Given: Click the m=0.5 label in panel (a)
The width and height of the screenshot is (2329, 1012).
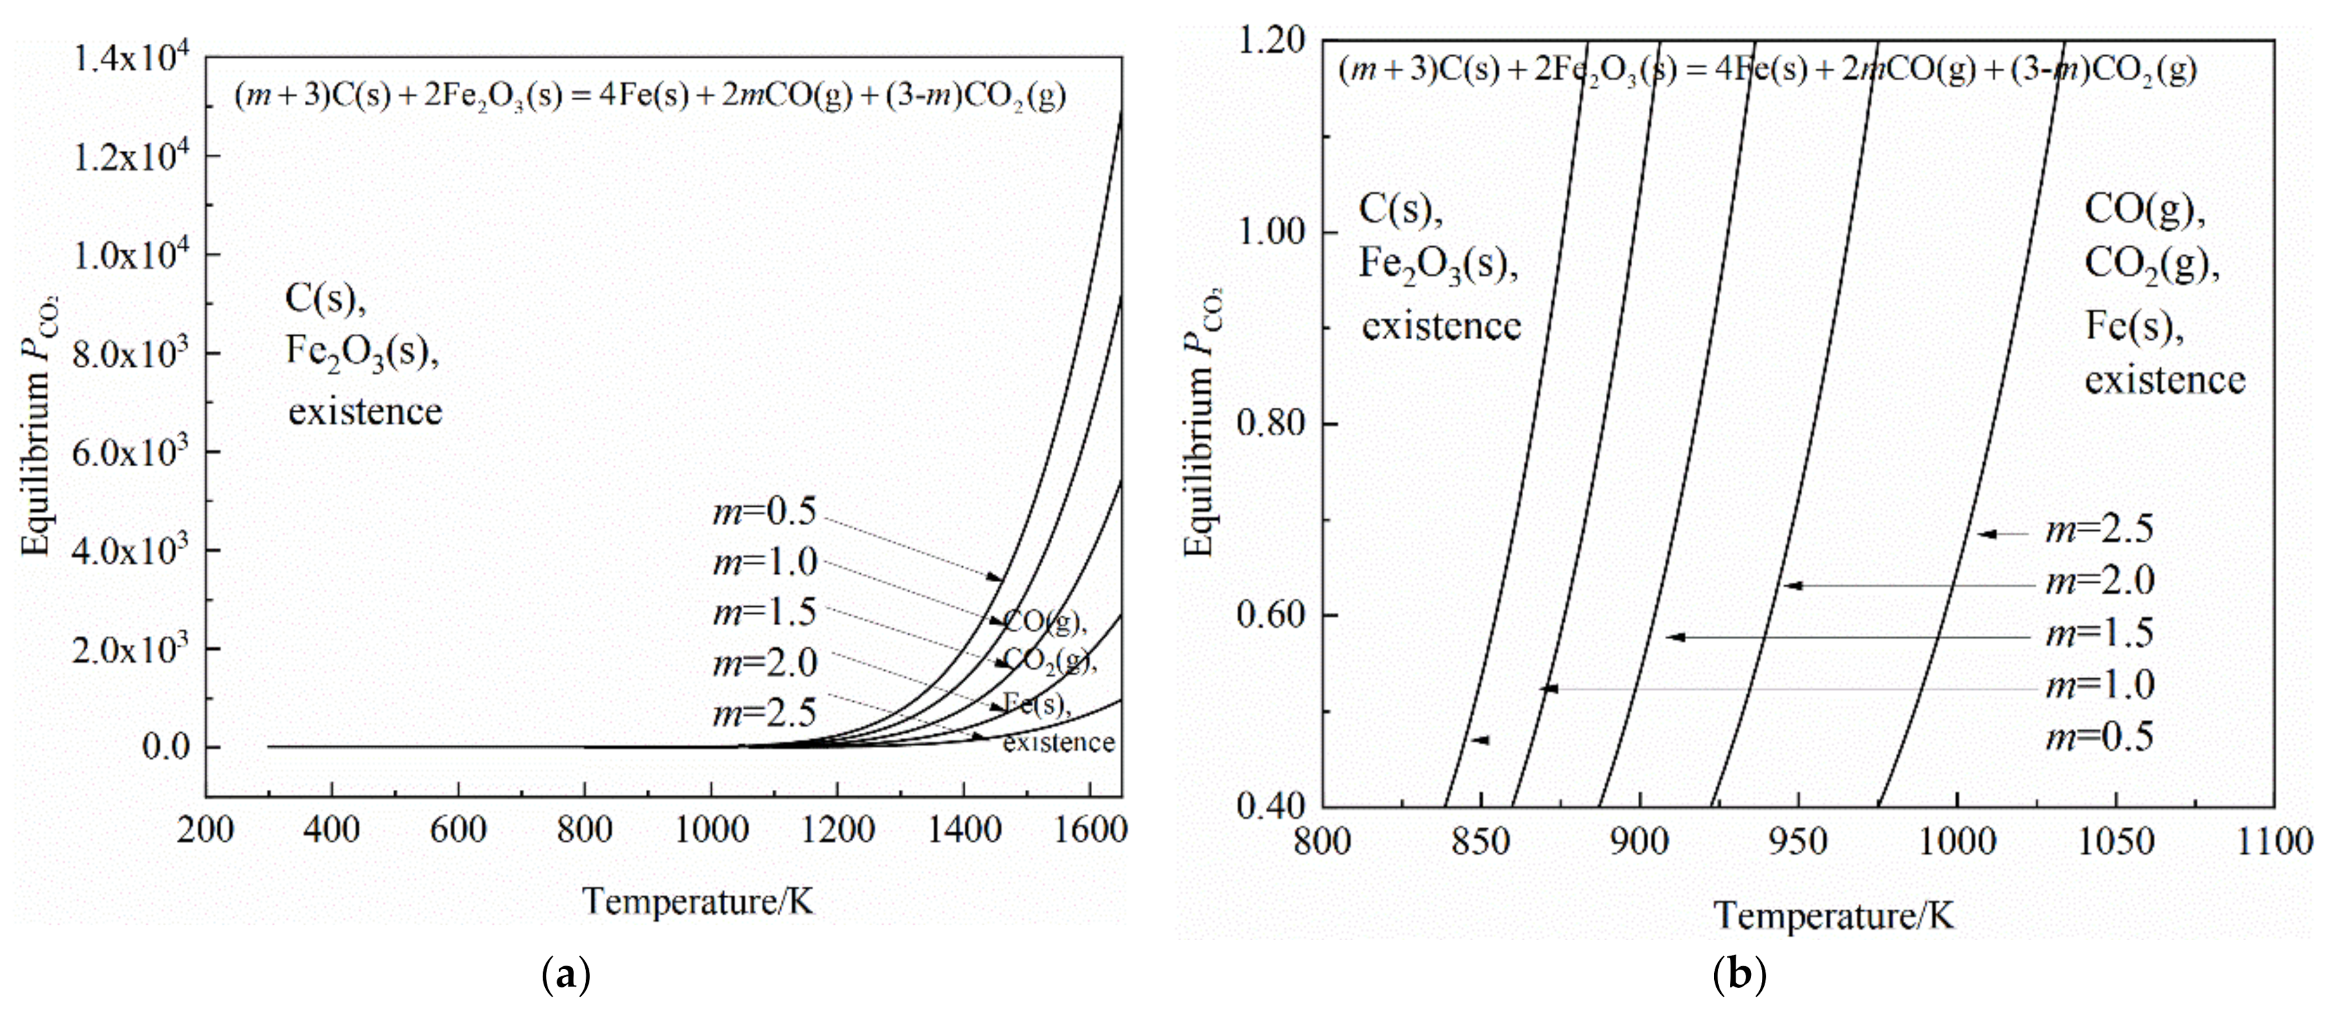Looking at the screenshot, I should coord(764,512).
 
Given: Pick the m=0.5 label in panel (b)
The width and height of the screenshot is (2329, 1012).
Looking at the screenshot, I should coord(2100,737).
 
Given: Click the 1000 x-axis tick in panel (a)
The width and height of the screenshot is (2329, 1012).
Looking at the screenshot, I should coord(712,830).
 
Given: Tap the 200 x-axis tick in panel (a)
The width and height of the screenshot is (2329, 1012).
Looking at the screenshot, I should coord(206,830).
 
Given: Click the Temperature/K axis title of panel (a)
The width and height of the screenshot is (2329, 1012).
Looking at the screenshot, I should coord(698,902).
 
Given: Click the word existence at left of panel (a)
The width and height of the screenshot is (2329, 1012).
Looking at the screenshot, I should coord(365,412).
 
